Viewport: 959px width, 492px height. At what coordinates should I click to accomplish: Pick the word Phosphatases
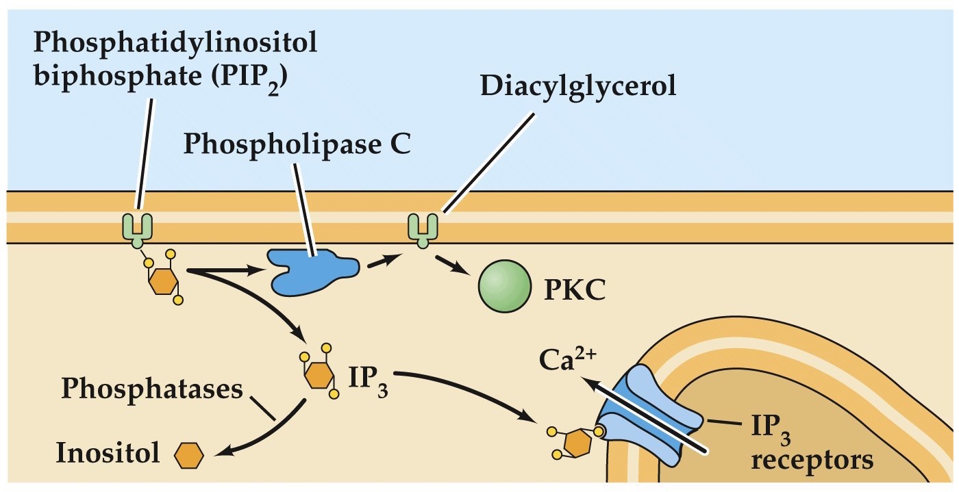pyautogui.click(x=151, y=389)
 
